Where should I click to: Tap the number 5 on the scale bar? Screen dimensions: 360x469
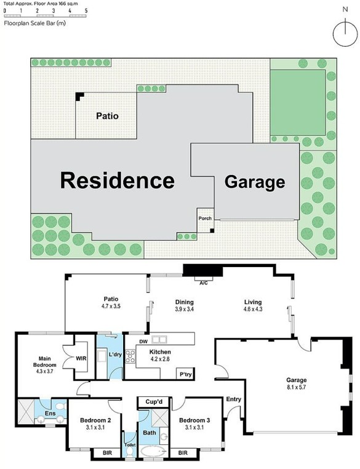[86, 10]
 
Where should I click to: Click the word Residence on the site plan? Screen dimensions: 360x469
[118, 180]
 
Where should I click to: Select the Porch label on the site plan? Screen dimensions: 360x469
[205, 218]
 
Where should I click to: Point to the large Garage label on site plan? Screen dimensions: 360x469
[255, 182]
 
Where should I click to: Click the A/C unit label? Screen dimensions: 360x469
[204, 283]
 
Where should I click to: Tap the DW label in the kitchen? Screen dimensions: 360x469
[143, 342]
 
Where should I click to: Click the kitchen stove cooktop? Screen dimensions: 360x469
[130, 356]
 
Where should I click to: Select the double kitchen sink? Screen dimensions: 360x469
[159, 340]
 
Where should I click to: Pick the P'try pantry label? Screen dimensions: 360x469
[185, 374]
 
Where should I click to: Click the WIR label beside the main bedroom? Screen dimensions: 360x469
[81, 358]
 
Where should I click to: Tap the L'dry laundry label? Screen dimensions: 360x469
[115, 355]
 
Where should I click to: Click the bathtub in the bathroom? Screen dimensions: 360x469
[153, 451]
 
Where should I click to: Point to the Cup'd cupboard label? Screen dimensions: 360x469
[154, 402]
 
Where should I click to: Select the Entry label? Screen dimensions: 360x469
[233, 399]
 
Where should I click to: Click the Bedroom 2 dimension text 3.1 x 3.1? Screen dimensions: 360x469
[95, 427]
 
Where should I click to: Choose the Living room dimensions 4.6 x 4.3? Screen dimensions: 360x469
[253, 309]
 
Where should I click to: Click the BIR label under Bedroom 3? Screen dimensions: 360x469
[183, 453]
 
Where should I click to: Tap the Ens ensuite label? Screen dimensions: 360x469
[50, 414]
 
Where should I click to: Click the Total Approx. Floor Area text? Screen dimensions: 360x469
[41, 4]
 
